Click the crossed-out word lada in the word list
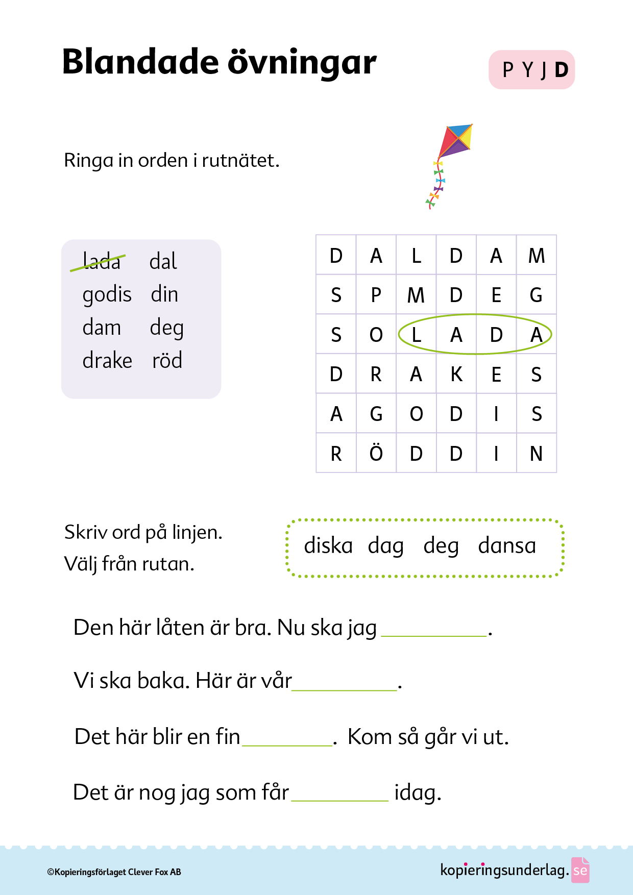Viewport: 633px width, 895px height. click(x=101, y=262)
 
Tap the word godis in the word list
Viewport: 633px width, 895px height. click(x=107, y=295)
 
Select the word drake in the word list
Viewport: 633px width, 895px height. click(x=107, y=361)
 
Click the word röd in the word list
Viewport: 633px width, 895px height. click(x=167, y=361)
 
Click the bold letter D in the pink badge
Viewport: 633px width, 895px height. click(x=561, y=70)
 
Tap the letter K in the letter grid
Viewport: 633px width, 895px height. click(x=456, y=375)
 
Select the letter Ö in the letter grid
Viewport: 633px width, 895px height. click(x=376, y=453)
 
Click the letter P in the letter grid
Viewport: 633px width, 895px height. click(x=376, y=295)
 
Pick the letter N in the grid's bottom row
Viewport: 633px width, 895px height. click(x=536, y=453)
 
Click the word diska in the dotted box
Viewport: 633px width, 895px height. click(x=328, y=546)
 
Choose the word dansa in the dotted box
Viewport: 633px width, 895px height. click(x=507, y=546)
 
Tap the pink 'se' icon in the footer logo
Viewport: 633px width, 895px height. click(x=580, y=871)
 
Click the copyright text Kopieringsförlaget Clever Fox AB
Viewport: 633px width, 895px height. click(x=114, y=872)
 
